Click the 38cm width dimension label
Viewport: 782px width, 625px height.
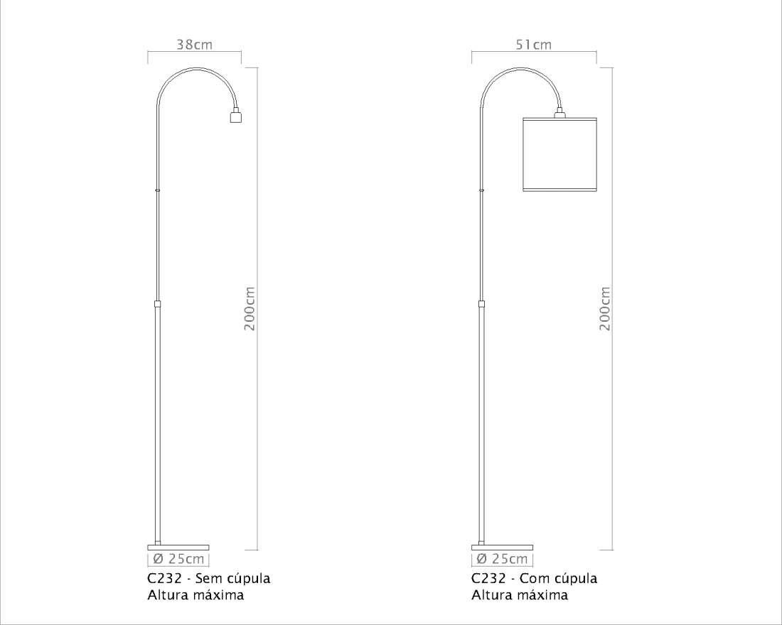coord(195,44)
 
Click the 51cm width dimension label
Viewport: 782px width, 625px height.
coord(534,44)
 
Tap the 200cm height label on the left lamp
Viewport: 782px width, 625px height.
coord(250,308)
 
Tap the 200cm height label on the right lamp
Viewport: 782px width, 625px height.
coord(604,308)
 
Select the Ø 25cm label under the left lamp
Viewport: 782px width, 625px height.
coord(178,559)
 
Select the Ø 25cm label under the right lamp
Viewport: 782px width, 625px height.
coord(502,559)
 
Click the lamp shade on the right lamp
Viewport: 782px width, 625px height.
coord(559,154)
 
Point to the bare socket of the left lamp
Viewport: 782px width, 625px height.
coord(236,116)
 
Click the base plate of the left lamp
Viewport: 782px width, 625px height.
coord(178,548)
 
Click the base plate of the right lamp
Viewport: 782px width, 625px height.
coord(502,548)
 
